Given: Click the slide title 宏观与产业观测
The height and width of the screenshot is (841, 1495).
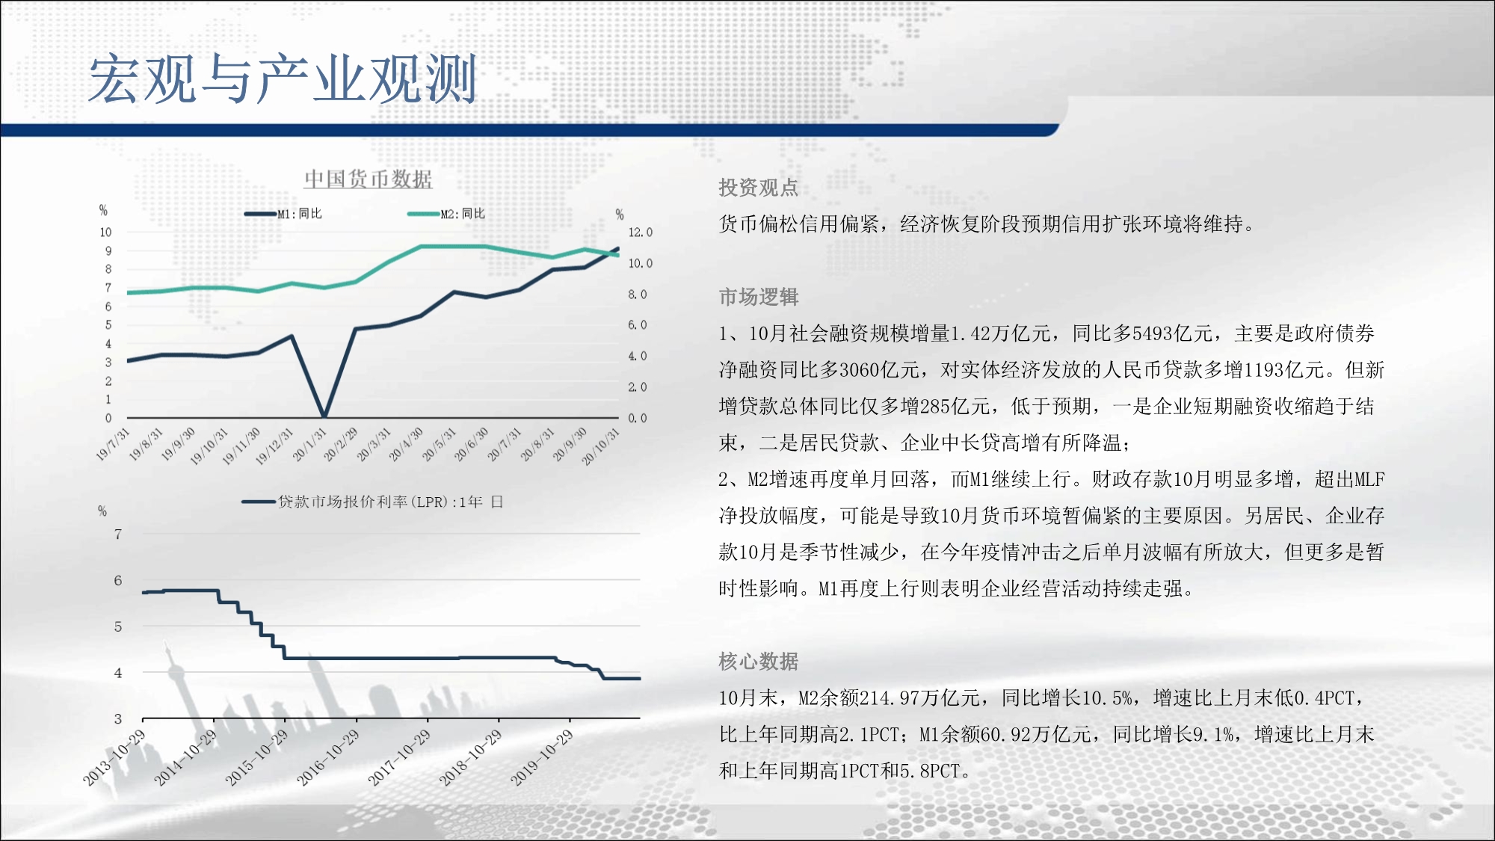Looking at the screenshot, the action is (x=283, y=78).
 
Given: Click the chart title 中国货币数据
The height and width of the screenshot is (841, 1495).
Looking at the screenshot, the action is (x=368, y=179).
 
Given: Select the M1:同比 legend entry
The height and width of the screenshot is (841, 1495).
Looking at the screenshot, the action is (x=283, y=214).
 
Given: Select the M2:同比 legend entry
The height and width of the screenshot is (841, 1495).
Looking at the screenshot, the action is (x=446, y=214).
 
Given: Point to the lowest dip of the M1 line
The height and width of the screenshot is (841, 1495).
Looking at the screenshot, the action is (x=324, y=416).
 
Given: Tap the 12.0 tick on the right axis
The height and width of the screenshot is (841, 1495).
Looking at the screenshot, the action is (x=640, y=232).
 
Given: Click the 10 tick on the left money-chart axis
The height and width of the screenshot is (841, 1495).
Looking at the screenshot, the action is (x=106, y=232).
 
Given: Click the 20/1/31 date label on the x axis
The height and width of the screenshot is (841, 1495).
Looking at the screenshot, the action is (x=309, y=445).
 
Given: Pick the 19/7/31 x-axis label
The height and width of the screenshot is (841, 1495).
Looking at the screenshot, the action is (x=113, y=445).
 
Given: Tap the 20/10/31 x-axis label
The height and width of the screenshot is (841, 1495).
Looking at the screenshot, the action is (x=601, y=446).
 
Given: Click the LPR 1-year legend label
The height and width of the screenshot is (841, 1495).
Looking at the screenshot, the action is (x=391, y=502).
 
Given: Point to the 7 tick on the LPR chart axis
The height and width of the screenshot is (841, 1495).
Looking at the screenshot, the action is (x=118, y=534).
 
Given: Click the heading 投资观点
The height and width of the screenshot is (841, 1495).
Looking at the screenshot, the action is (x=759, y=188).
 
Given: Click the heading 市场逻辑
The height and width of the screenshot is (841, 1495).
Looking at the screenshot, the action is (x=759, y=297).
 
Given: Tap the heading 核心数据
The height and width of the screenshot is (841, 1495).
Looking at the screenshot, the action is (x=759, y=661).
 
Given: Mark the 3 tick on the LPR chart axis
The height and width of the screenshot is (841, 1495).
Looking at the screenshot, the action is (x=118, y=718).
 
